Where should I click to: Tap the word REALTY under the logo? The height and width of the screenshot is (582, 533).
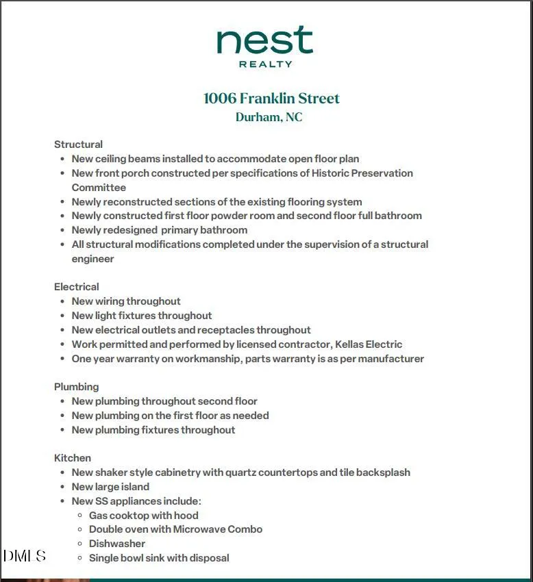(265, 64)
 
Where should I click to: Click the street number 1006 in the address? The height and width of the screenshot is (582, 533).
(219, 99)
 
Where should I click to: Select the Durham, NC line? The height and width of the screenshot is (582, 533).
(269, 117)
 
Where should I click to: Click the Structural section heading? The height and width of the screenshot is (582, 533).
(78, 144)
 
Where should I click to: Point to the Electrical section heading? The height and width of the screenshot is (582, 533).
(77, 287)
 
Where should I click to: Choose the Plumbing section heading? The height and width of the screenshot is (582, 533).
(77, 387)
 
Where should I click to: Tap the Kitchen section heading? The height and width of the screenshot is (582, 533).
(73, 458)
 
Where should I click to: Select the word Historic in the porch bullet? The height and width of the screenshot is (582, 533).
(330, 173)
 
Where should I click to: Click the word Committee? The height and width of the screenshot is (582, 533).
(99, 188)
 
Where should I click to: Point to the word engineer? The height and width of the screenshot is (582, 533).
(92, 259)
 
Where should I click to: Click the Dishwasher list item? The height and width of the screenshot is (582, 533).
(117, 544)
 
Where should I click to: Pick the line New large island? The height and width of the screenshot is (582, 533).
(110, 487)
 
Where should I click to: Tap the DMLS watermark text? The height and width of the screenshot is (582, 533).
(24, 556)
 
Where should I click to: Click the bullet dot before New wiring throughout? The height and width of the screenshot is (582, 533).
(63, 301)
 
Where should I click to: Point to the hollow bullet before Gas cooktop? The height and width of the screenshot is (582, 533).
(80, 516)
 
